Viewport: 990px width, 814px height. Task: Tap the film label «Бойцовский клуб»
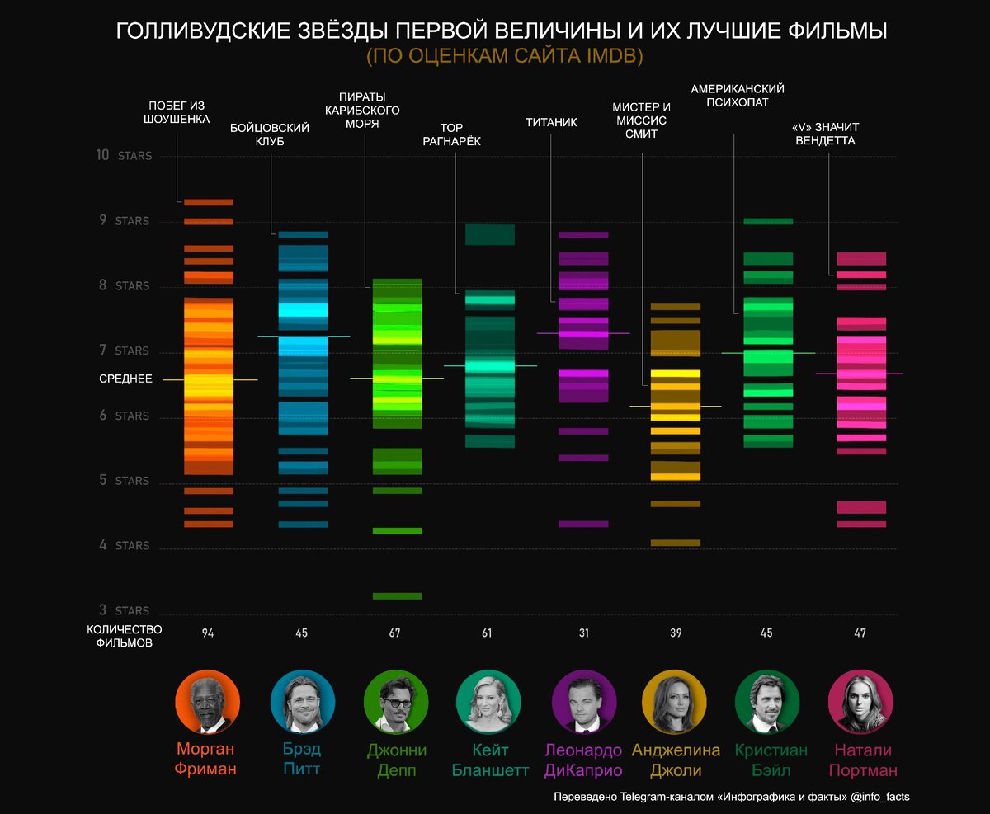(270, 134)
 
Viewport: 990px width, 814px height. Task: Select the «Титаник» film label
(551, 123)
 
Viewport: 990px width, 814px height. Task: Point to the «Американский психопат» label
(738, 96)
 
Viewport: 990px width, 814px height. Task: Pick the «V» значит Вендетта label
(826, 134)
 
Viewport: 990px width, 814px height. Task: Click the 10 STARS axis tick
(125, 155)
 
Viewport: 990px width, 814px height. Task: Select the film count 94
(208, 633)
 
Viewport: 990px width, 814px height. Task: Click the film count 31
(584, 633)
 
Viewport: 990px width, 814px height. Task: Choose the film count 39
(676, 633)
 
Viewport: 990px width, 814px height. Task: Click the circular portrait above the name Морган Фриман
(208, 701)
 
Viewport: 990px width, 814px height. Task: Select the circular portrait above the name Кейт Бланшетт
(488, 701)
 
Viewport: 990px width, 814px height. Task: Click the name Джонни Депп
(396, 760)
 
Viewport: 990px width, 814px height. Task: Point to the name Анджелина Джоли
(676, 760)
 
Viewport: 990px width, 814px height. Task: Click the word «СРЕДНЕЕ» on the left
(125, 379)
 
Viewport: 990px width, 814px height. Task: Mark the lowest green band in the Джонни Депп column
(397, 595)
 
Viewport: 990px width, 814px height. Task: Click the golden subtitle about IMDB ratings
(504, 56)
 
